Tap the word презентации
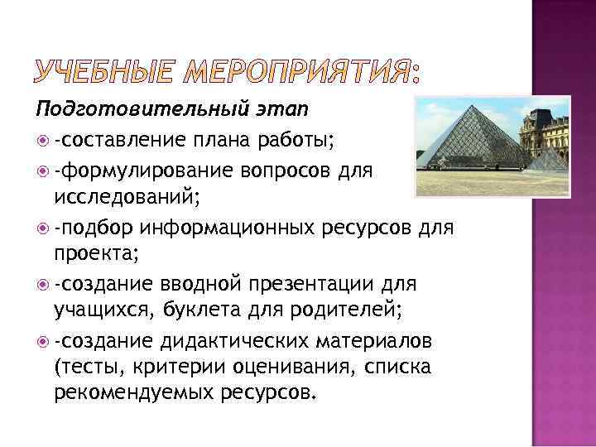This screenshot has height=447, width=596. coord(309,284)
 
